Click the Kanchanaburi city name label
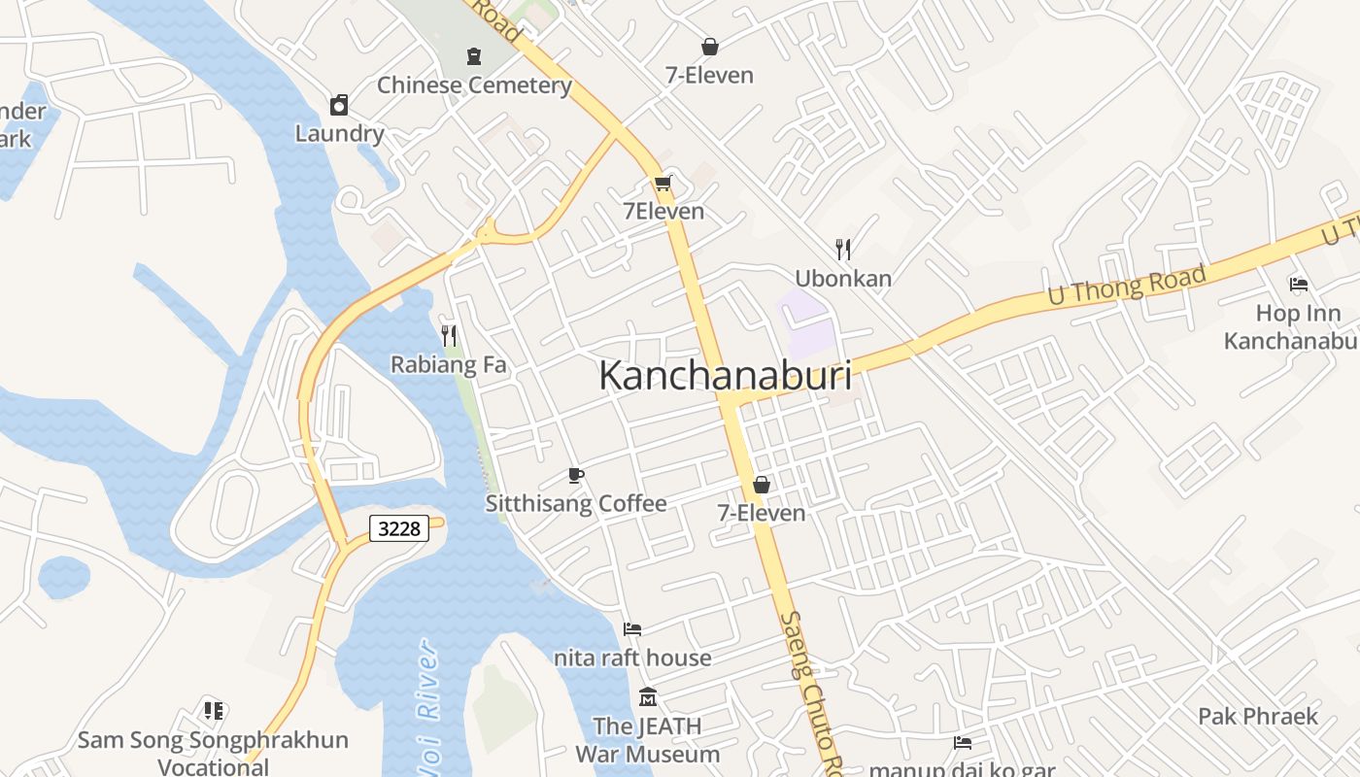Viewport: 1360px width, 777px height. point(725,376)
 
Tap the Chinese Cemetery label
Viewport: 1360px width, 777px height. point(474,85)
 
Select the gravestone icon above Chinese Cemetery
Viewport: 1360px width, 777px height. point(474,55)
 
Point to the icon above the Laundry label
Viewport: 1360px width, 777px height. point(339,105)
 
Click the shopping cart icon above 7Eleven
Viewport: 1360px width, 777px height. point(663,183)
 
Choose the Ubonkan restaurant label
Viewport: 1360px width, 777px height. point(843,279)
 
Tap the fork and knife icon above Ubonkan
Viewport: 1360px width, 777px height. point(843,250)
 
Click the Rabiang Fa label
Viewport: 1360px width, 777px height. point(449,365)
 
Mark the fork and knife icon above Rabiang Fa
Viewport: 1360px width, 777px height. point(449,336)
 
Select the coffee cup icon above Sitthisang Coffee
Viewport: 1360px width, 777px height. point(576,475)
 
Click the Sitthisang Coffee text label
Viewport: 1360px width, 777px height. point(576,503)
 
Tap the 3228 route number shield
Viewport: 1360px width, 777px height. point(399,528)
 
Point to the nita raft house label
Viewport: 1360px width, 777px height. point(632,658)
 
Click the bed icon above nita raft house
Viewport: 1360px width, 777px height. point(632,629)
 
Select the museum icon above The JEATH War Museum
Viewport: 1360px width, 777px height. point(648,697)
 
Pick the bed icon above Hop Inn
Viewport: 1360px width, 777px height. point(1299,285)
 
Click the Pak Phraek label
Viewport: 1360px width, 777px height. point(1257,717)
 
